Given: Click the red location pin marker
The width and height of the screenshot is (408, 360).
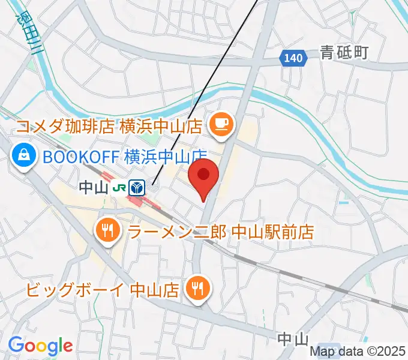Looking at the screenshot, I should point(204,176).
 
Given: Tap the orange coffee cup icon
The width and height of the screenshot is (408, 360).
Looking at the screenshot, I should point(220,125).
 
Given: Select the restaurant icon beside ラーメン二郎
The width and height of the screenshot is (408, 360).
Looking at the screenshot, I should point(109,230).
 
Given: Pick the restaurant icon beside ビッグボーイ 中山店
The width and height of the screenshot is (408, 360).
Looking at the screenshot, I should point(197,289).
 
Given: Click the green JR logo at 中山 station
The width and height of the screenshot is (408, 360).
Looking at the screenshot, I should point(119,188).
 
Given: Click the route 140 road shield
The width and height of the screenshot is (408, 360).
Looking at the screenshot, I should point(293,58).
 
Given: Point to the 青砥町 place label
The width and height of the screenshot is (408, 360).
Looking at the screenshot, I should point(344,53).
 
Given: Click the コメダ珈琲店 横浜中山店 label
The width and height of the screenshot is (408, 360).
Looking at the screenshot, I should point(109,127).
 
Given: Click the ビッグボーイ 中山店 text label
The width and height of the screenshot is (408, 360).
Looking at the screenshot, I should point(102,290).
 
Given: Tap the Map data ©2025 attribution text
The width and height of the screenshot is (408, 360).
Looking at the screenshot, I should point(358,352).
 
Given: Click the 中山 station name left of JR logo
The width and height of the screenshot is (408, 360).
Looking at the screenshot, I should point(93,188).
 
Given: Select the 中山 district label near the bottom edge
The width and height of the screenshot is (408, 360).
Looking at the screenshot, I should point(293,339).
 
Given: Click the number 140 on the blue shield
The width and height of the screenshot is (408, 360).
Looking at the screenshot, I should point(293,58).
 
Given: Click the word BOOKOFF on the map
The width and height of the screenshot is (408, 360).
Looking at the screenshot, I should point(81,157).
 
